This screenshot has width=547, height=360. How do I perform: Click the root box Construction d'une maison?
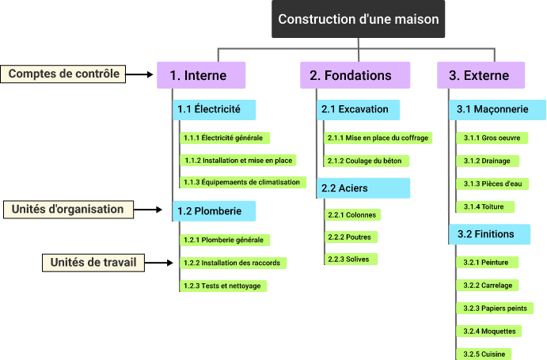click(358, 19)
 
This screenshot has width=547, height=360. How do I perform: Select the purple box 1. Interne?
click(201, 75)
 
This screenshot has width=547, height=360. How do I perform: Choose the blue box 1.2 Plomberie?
click(214, 210)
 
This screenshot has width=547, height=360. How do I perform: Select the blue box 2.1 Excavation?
click(358, 108)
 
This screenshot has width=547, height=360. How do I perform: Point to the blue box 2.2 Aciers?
click(364, 188)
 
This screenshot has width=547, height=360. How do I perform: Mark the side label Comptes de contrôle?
click(64, 74)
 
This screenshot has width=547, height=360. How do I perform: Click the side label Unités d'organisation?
click(68, 210)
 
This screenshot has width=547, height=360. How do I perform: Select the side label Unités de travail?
click(93, 263)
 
